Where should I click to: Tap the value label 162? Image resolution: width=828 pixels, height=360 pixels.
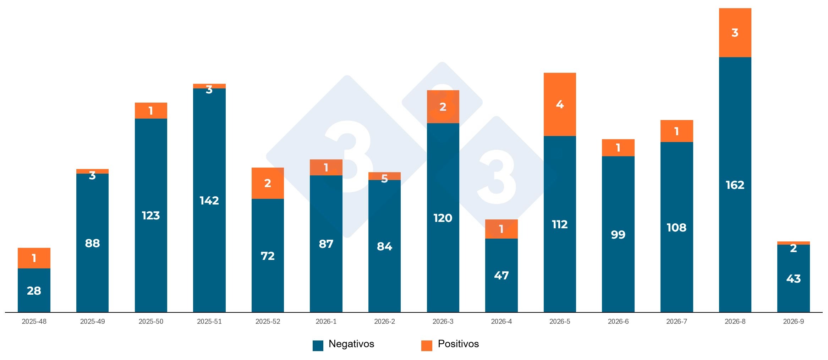(735, 185)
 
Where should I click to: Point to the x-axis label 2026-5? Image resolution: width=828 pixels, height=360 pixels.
(559, 321)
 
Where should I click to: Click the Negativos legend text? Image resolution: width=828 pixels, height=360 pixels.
(351, 344)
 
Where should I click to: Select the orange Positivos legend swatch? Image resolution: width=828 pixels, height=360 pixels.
(426, 345)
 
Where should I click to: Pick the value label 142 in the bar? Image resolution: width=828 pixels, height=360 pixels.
(209, 201)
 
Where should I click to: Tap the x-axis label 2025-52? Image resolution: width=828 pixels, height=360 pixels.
(268, 321)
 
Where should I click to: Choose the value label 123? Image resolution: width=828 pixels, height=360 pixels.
(151, 216)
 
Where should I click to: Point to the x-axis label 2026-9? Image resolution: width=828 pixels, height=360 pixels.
(793, 321)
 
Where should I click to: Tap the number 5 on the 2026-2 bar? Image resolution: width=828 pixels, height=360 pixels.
(384, 178)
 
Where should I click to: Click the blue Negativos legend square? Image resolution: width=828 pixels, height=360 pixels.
(318, 345)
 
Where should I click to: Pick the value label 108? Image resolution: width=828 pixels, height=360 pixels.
(676, 228)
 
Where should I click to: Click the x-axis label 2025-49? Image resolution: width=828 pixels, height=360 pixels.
(92, 321)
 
